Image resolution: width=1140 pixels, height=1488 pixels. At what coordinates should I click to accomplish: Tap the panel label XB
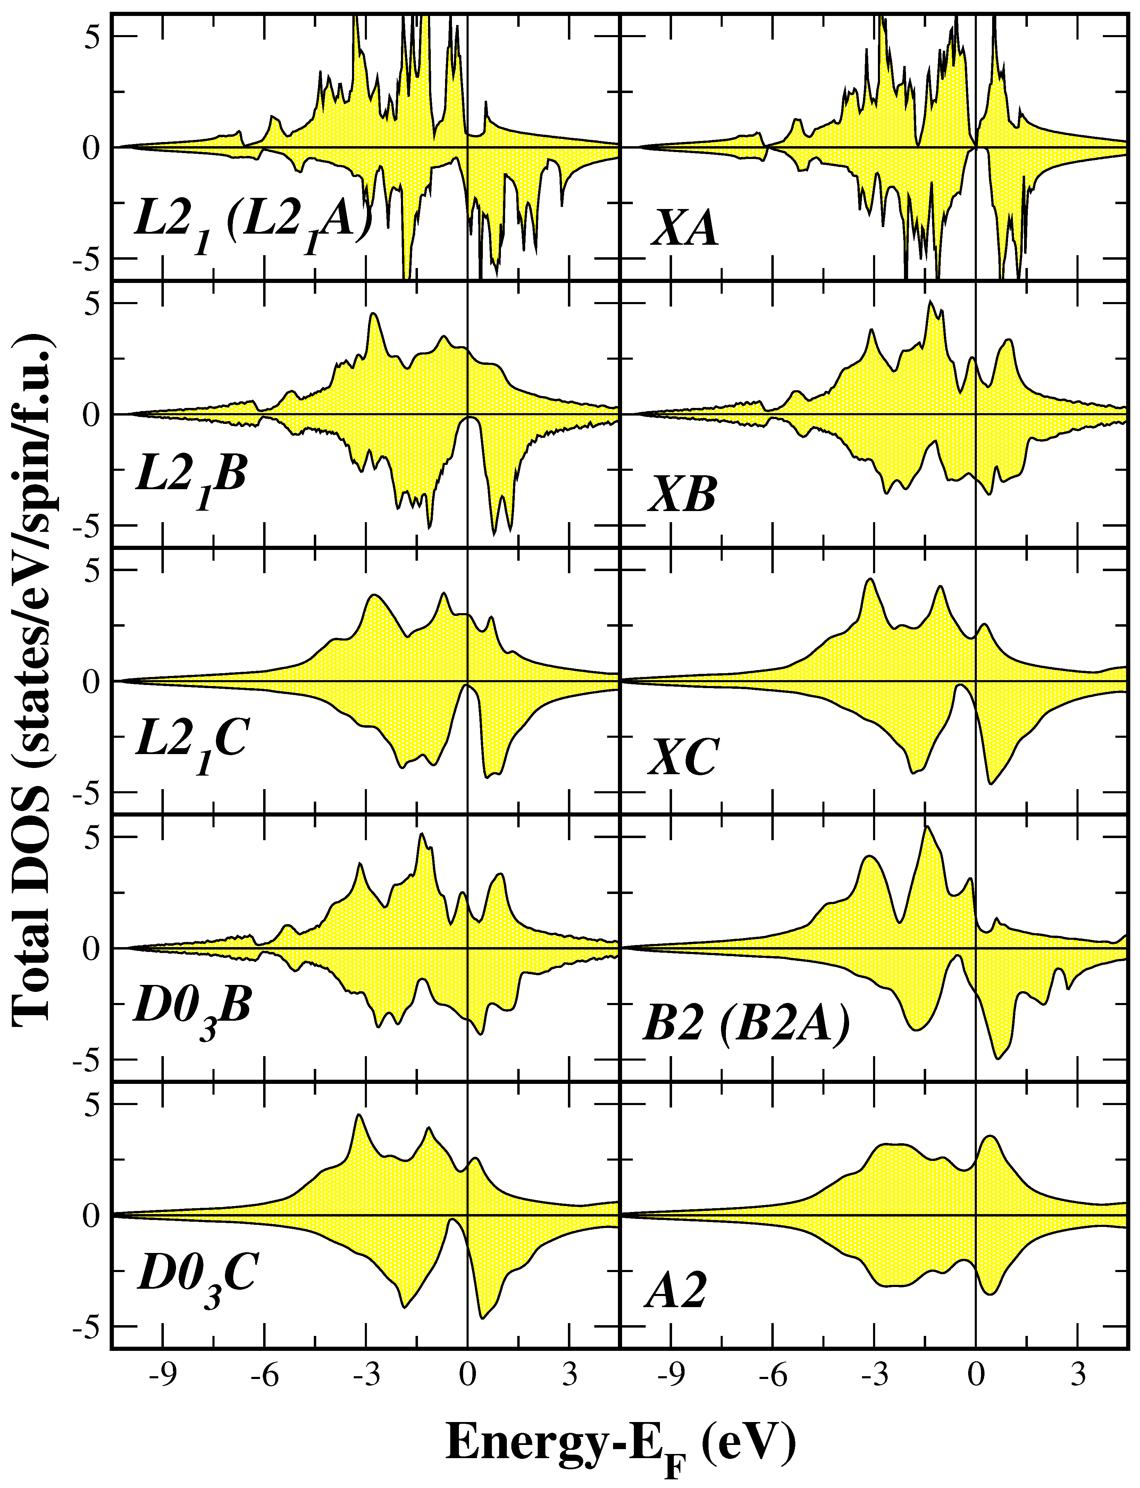click(682, 498)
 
